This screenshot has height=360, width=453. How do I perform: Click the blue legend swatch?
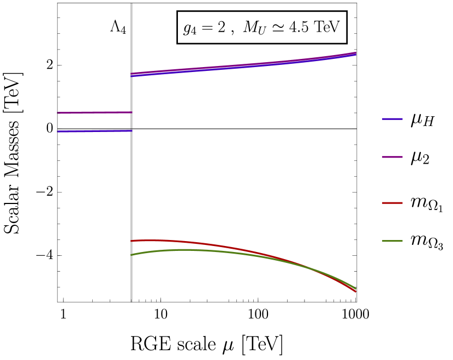[x=392, y=119]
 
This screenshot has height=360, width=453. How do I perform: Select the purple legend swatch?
[x=392, y=157]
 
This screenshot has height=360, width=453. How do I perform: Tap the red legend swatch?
[x=392, y=203]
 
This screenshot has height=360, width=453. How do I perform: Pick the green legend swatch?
[x=392, y=241]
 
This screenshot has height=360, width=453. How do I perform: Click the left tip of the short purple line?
[x=58, y=113]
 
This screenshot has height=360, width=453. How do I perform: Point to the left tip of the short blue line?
[x=58, y=131]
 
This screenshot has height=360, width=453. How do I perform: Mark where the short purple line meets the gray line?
[x=131, y=112]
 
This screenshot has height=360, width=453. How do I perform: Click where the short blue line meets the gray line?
[x=131, y=131]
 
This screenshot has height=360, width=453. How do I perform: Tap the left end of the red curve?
[x=132, y=241]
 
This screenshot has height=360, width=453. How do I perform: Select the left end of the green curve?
[x=132, y=255]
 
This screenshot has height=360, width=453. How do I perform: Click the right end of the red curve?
[x=355, y=292]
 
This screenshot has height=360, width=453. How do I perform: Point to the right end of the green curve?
[x=355, y=288]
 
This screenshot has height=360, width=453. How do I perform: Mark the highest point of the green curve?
[x=186, y=250]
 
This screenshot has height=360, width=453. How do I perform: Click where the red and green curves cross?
[x=311, y=268]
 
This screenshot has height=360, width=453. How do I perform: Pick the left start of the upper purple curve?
[x=132, y=74]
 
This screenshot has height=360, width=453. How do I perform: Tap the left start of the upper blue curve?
[x=132, y=76]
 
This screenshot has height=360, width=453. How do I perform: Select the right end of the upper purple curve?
[x=355, y=53]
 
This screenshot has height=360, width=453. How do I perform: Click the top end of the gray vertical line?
[x=131, y=4]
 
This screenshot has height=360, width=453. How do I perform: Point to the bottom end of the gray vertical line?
[x=131, y=301]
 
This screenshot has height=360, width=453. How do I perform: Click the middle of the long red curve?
[x=243, y=250]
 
